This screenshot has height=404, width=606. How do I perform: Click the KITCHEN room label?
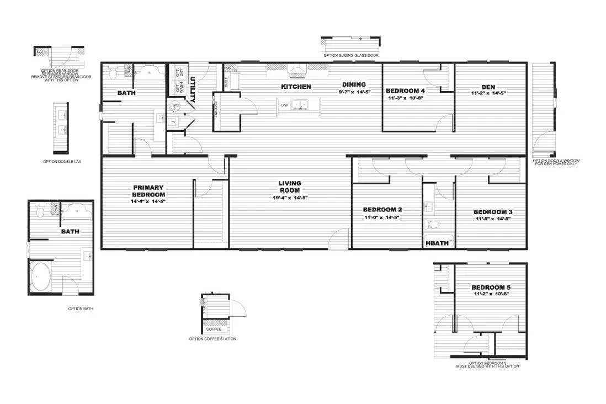pos(296,87)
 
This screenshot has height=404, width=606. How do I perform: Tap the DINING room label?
pos(354,84)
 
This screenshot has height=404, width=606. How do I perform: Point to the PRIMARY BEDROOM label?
pos(148,191)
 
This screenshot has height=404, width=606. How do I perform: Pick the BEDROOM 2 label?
pos(381,210)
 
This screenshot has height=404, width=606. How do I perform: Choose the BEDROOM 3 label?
pos(493,212)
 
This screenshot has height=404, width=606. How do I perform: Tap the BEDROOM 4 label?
pos(405,91)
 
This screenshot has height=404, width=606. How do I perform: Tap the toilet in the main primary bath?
pos(113,73)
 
